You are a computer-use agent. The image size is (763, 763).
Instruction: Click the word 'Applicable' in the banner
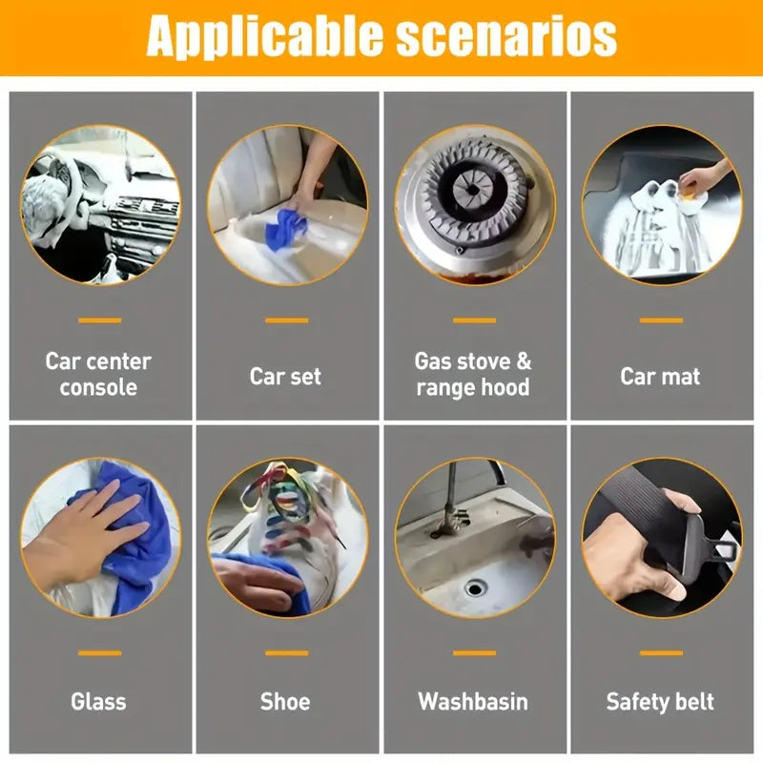[x=265, y=36]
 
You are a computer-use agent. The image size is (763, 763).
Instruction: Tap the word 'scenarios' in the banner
[x=506, y=35]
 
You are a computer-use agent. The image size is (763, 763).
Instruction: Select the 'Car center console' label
[x=98, y=374]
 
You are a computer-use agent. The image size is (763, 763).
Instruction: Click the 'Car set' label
[x=285, y=376]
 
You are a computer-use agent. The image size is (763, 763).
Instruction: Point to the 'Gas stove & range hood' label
[x=473, y=374]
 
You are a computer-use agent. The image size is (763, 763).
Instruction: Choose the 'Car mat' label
[x=660, y=376]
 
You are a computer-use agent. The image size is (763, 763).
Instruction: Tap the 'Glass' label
[x=98, y=701]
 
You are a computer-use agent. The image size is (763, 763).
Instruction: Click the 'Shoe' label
[x=285, y=701]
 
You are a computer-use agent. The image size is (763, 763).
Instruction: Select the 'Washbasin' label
[x=473, y=701]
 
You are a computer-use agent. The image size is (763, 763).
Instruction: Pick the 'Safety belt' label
[x=660, y=702]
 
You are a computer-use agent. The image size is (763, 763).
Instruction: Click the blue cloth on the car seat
[x=285, y=230]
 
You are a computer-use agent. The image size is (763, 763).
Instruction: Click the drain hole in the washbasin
[x=475, y=588]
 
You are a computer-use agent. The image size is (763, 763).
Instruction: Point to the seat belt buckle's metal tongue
[x=724, y=550]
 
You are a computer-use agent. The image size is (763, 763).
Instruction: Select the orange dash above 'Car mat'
[x=661, y=320]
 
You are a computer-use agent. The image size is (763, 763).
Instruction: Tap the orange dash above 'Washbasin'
[x=474, y=653]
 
